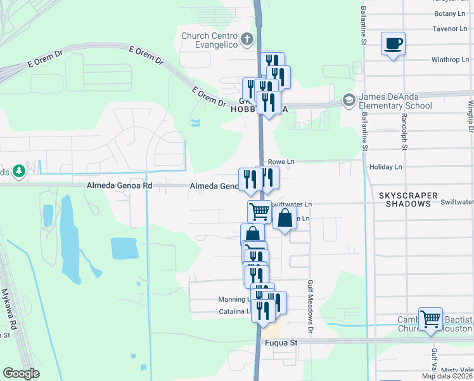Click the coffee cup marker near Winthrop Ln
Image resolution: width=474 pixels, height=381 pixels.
[393, 44]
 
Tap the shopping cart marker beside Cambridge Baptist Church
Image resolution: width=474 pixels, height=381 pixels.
[430, 319]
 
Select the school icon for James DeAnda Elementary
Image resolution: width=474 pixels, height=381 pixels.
[348, 100]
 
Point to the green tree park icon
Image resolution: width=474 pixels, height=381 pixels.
[20, 171]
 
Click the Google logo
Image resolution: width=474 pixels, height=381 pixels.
[21, 373]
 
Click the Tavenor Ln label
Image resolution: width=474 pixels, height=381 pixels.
[449, 29]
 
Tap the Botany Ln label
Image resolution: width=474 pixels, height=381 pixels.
[450, 13]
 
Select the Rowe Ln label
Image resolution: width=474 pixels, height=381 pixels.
[281, 162]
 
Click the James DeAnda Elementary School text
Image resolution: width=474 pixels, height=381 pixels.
[395, 101]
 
